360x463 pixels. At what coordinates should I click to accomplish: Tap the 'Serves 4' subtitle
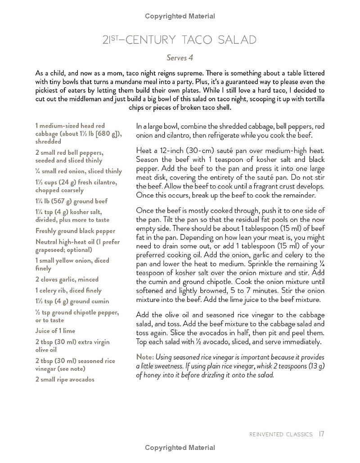[x=180, y=58]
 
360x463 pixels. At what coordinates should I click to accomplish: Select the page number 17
[x=321, y=434]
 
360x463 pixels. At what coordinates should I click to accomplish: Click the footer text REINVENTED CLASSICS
[x=281, y=435]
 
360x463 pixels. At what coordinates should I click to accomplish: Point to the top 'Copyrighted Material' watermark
[x=180, y=16]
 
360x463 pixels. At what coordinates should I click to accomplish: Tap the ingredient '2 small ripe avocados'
[x=65, y=379]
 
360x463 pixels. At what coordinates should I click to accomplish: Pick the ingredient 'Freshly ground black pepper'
[x=75, y=231]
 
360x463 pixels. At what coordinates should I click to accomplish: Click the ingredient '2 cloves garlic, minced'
[x=67, y=279]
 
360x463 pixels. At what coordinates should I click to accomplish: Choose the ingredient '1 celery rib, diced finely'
[x=68, y=290]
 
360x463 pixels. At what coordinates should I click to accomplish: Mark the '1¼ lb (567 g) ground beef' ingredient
[x=72, y=201]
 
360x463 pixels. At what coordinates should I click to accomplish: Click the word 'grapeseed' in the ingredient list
[x=52, y=250]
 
